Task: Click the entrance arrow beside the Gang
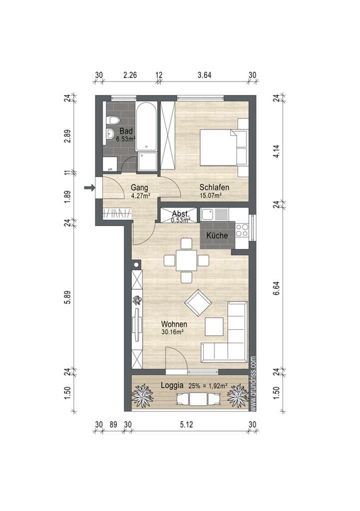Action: pyautogui.click(x=89, y=188)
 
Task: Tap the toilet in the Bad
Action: pyautogui.click(x=113, y=120)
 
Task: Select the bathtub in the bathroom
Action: pyautogui.click(x=147, y=127)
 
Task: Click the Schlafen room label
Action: pyautogui.click(x=214, y=188)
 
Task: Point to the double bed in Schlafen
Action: pyautogui.click(x=219, y=147)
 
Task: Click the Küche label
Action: pyautogui.click(x=217, y=236)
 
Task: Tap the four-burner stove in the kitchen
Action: pyautogui.click(x=242, y=230)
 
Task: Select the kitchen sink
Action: pyautogui.click(x=210, y=215)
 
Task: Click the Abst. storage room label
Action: pyautogui.click(x=180, y=213)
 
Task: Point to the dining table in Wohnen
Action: pyautogui.click(x=186, y=260)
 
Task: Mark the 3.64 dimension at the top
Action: pyautogui.click(x=205, y=75)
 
